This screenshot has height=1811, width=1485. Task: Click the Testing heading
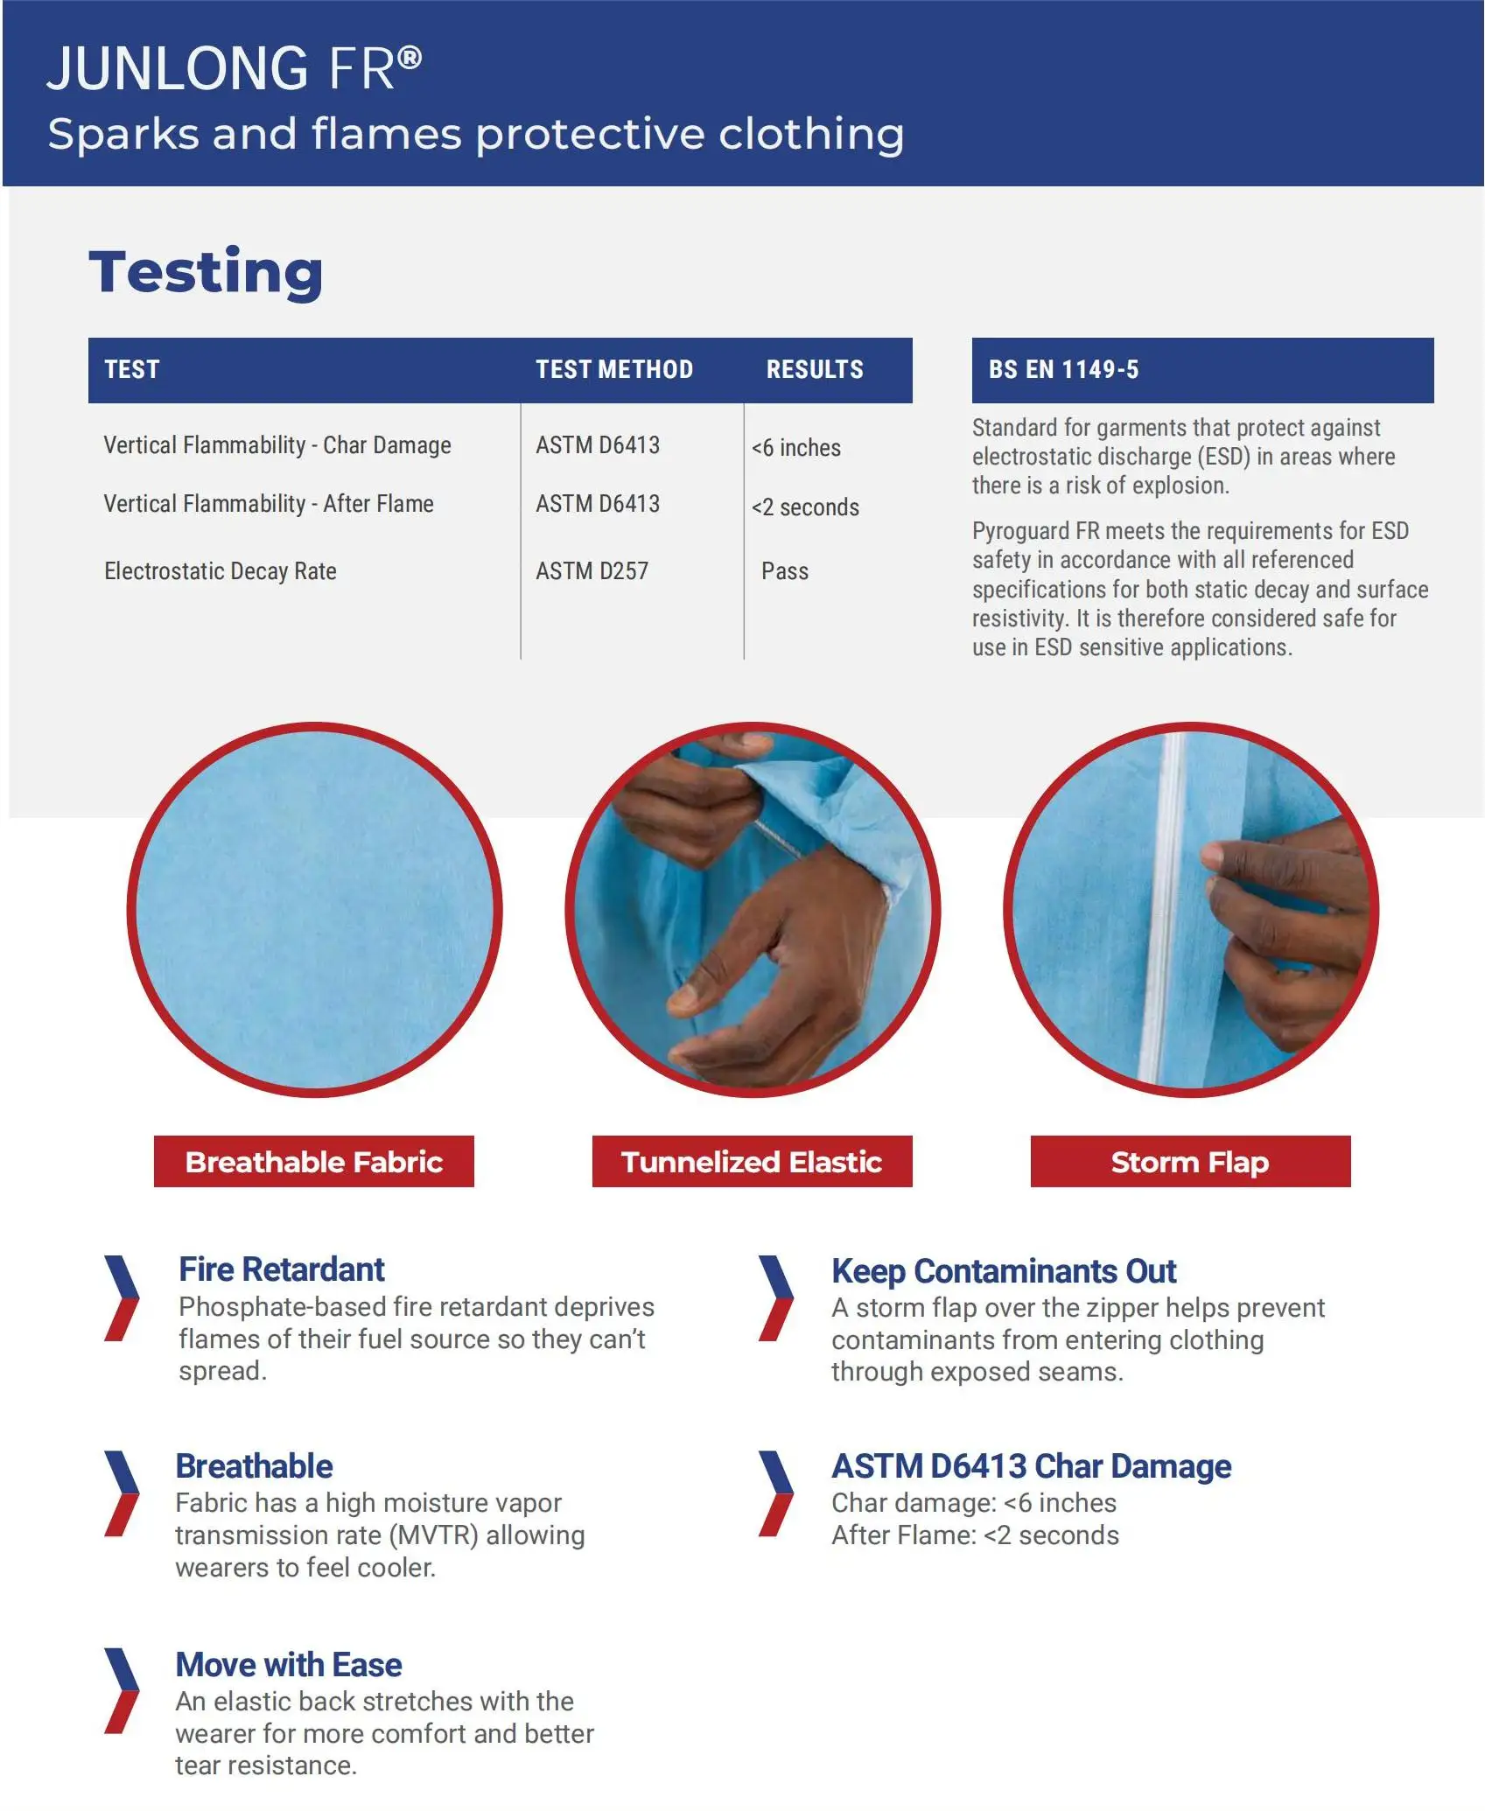(206, 272)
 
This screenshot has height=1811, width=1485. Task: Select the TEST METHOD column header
(614, 369)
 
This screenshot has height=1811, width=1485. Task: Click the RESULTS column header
(815, 369)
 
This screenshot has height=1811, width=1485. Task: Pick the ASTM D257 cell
(592, 571)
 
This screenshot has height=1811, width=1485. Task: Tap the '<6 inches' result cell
(795, 448)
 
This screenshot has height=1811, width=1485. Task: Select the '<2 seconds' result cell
(805, 507)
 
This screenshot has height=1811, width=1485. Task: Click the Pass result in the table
(784, 571)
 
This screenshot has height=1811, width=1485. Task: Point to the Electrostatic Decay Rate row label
(220, 571)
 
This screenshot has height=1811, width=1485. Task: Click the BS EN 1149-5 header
(1063, 369)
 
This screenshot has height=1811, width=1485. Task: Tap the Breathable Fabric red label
(313, 1162)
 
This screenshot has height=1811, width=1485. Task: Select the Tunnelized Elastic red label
(752, 1162)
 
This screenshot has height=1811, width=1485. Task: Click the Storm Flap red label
(1190, 1162)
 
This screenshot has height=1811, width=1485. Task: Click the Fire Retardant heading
(281, 1269)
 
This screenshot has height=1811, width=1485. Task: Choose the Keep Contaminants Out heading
(1004, 1271)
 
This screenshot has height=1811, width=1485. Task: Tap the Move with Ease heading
(288, 1665)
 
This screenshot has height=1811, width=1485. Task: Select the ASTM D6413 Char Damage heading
(1031, 1466)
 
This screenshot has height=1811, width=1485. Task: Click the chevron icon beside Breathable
(121, 1493)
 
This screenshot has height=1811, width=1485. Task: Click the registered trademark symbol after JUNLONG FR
(410, 59)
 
